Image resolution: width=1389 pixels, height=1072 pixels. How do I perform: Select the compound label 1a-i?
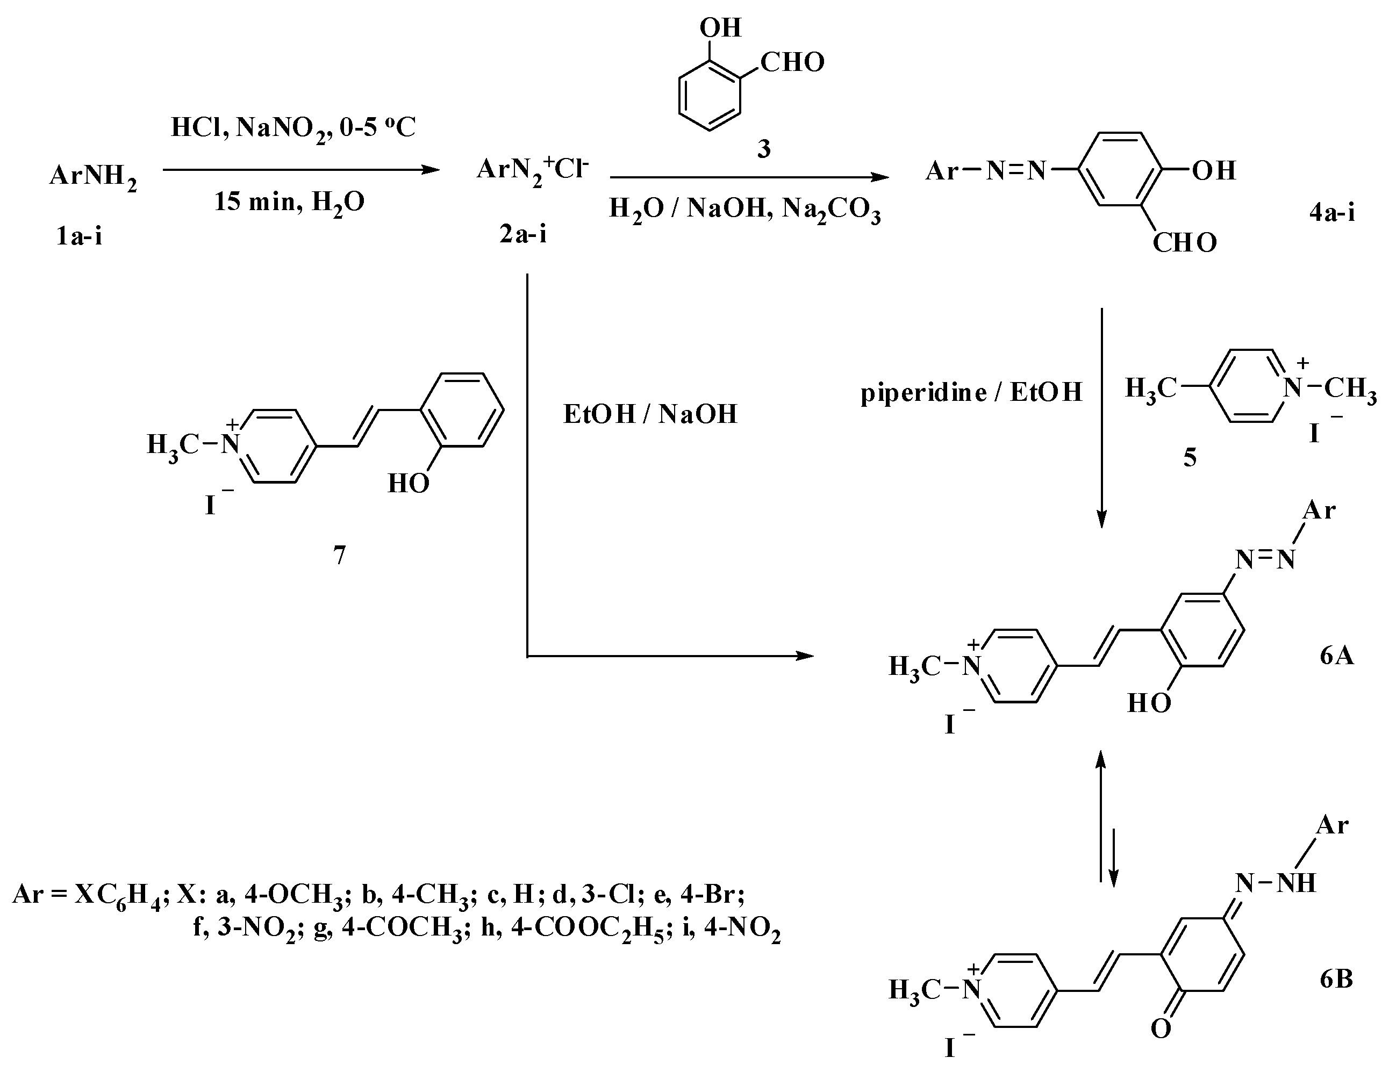79,236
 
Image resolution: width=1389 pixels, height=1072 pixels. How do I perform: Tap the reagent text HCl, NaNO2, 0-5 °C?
293,128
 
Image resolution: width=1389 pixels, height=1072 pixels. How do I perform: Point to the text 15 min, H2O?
289,203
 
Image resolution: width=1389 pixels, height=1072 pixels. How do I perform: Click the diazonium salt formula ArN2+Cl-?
533,170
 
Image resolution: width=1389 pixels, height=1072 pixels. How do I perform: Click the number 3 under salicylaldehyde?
763,149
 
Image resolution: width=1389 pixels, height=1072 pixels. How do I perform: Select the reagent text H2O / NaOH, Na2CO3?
744,209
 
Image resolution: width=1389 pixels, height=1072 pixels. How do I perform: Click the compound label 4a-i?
1332,212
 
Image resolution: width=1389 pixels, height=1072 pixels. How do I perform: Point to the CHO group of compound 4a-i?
1184,243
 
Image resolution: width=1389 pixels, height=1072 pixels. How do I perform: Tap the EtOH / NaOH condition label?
650,414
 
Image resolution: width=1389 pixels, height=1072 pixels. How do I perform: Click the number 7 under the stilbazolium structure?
340,556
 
